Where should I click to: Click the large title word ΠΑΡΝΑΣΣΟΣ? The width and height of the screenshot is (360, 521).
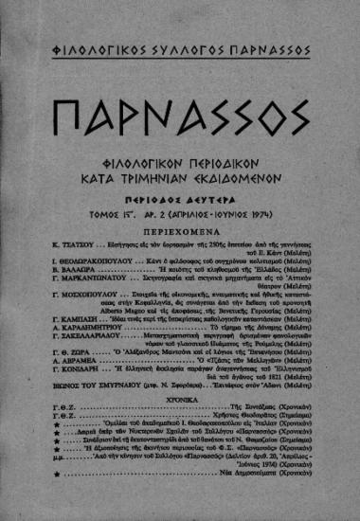pos(180,118)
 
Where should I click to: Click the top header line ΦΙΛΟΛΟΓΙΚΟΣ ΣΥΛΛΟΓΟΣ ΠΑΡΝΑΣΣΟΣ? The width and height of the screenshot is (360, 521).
pos(180,45)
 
